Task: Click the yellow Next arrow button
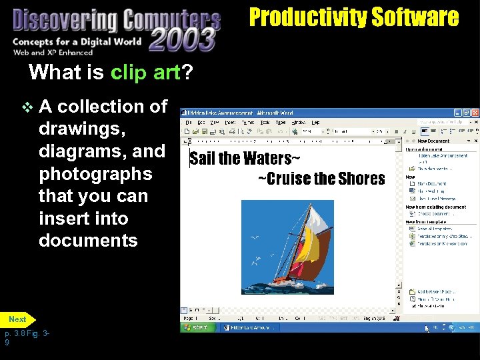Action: (18, 319)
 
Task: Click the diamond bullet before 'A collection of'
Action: (27, 107)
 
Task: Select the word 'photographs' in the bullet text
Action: (95, 174)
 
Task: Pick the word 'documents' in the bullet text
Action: (88, 241)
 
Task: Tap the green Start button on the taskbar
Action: (199, 328)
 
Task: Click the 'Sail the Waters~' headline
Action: (245, 159)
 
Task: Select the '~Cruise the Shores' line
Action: (321, 179)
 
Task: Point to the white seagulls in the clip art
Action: (255, 239)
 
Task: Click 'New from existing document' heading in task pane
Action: (436, 207)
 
